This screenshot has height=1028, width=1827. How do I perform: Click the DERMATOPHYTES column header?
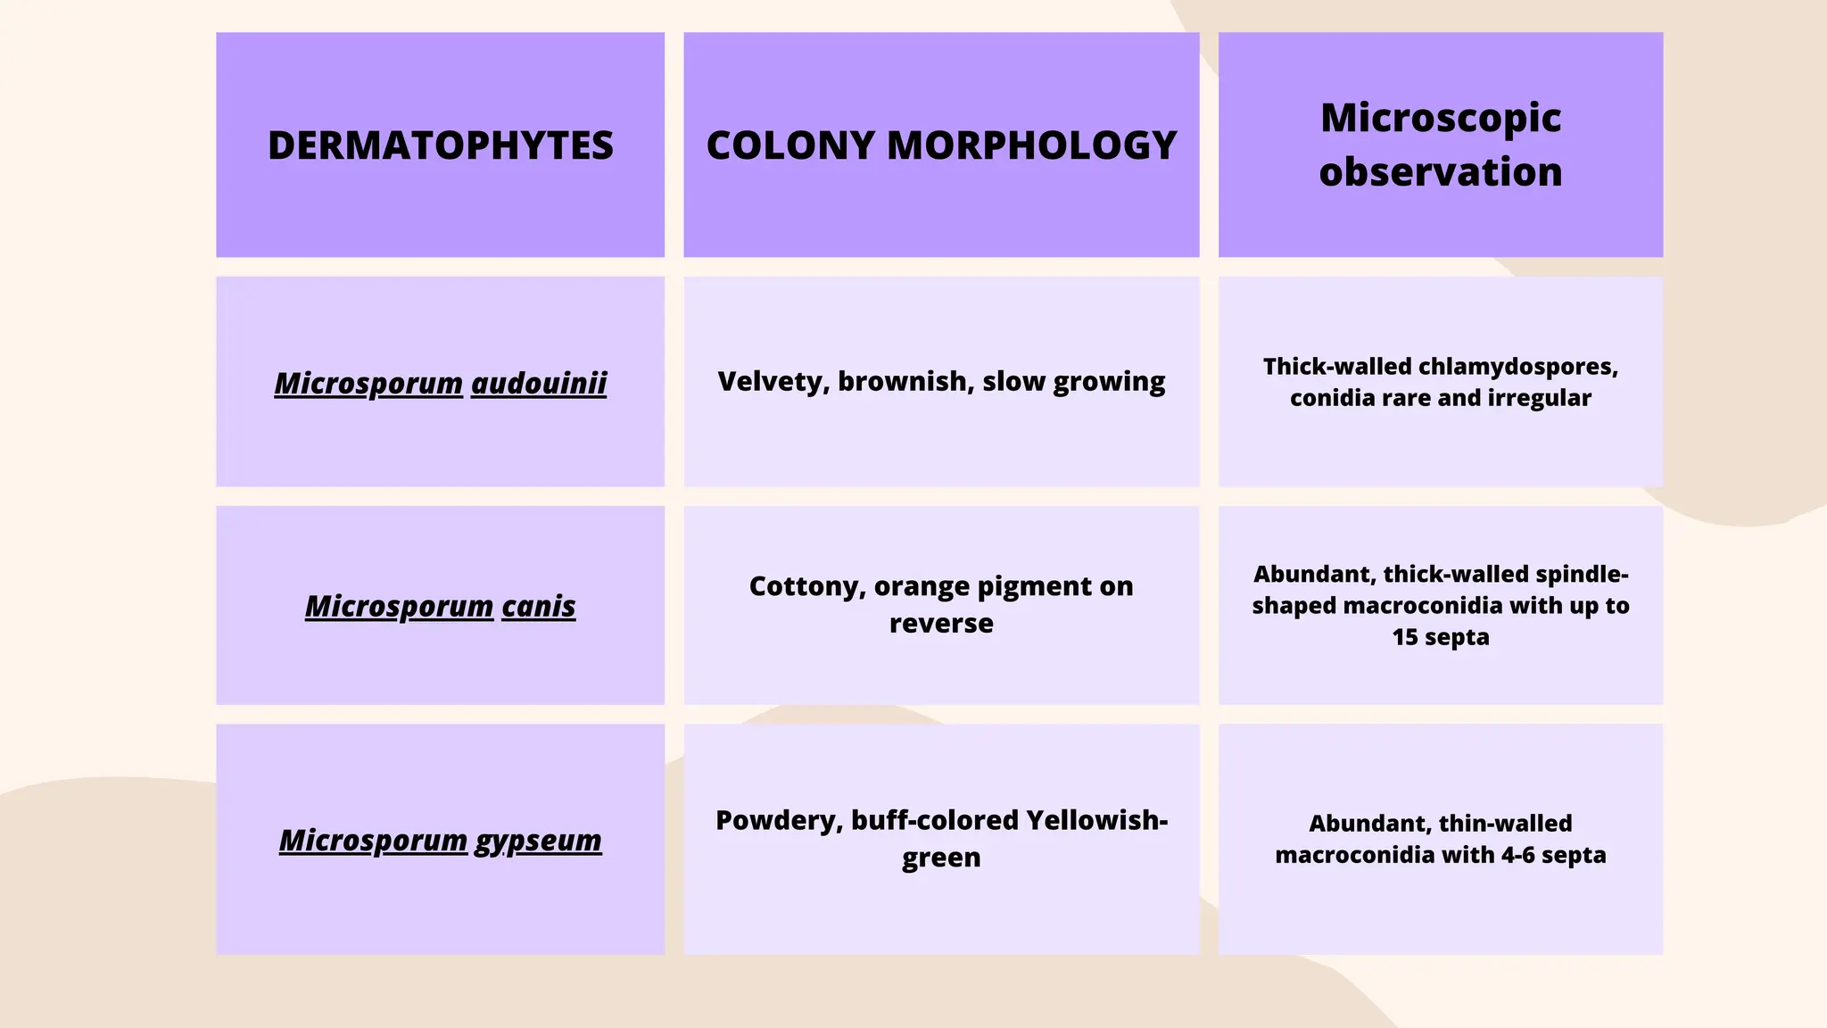440,145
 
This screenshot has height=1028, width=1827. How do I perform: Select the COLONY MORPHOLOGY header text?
941,145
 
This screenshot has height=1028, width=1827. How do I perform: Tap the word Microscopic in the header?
1441,118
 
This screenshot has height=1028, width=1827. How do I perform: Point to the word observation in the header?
1441,172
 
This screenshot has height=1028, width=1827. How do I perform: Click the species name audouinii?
539,383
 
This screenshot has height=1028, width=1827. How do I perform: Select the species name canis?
539,606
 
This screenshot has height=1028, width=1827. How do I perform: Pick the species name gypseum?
539,840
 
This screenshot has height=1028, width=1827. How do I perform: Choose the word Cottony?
806,586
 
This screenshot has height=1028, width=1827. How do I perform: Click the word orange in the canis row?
921,586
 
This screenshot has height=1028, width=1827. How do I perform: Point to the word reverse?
941,623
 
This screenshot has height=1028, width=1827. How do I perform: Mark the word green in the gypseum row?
941,858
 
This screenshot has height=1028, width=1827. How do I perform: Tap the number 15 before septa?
1405,637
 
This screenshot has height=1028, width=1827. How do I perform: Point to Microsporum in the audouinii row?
368,383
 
